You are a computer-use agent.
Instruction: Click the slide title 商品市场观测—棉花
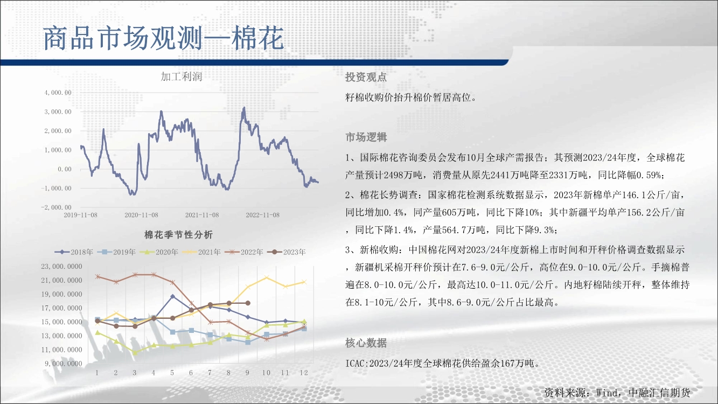click(163, 39)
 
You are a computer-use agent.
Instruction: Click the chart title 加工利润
click(181, 76)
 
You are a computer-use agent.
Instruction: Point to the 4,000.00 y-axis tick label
click(58, 93)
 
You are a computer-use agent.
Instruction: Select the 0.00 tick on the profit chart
click(65, 169)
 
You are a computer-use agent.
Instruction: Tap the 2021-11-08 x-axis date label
click(202, 215)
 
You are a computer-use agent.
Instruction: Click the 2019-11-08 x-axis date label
click(80, 215)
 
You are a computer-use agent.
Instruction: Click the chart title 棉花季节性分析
click(178, 235)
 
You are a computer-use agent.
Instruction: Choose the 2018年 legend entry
click(74, 252)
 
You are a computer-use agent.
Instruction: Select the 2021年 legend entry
click(201, 252)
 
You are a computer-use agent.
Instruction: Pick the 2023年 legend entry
click(286, 252)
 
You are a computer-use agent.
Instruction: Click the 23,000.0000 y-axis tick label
click(61, 267)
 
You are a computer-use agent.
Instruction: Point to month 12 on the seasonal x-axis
click(304, 373)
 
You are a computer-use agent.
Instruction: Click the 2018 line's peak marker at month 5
click(172, 296)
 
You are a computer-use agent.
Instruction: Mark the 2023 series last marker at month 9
click(247, 303)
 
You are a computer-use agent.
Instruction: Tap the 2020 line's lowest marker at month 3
click(135, 352)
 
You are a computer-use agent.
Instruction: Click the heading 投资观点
click(366, 77)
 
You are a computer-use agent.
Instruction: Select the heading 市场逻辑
click(366, 137)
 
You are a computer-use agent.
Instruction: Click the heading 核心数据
click(366, 343)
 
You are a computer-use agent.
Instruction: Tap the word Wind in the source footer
click(607, 393)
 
